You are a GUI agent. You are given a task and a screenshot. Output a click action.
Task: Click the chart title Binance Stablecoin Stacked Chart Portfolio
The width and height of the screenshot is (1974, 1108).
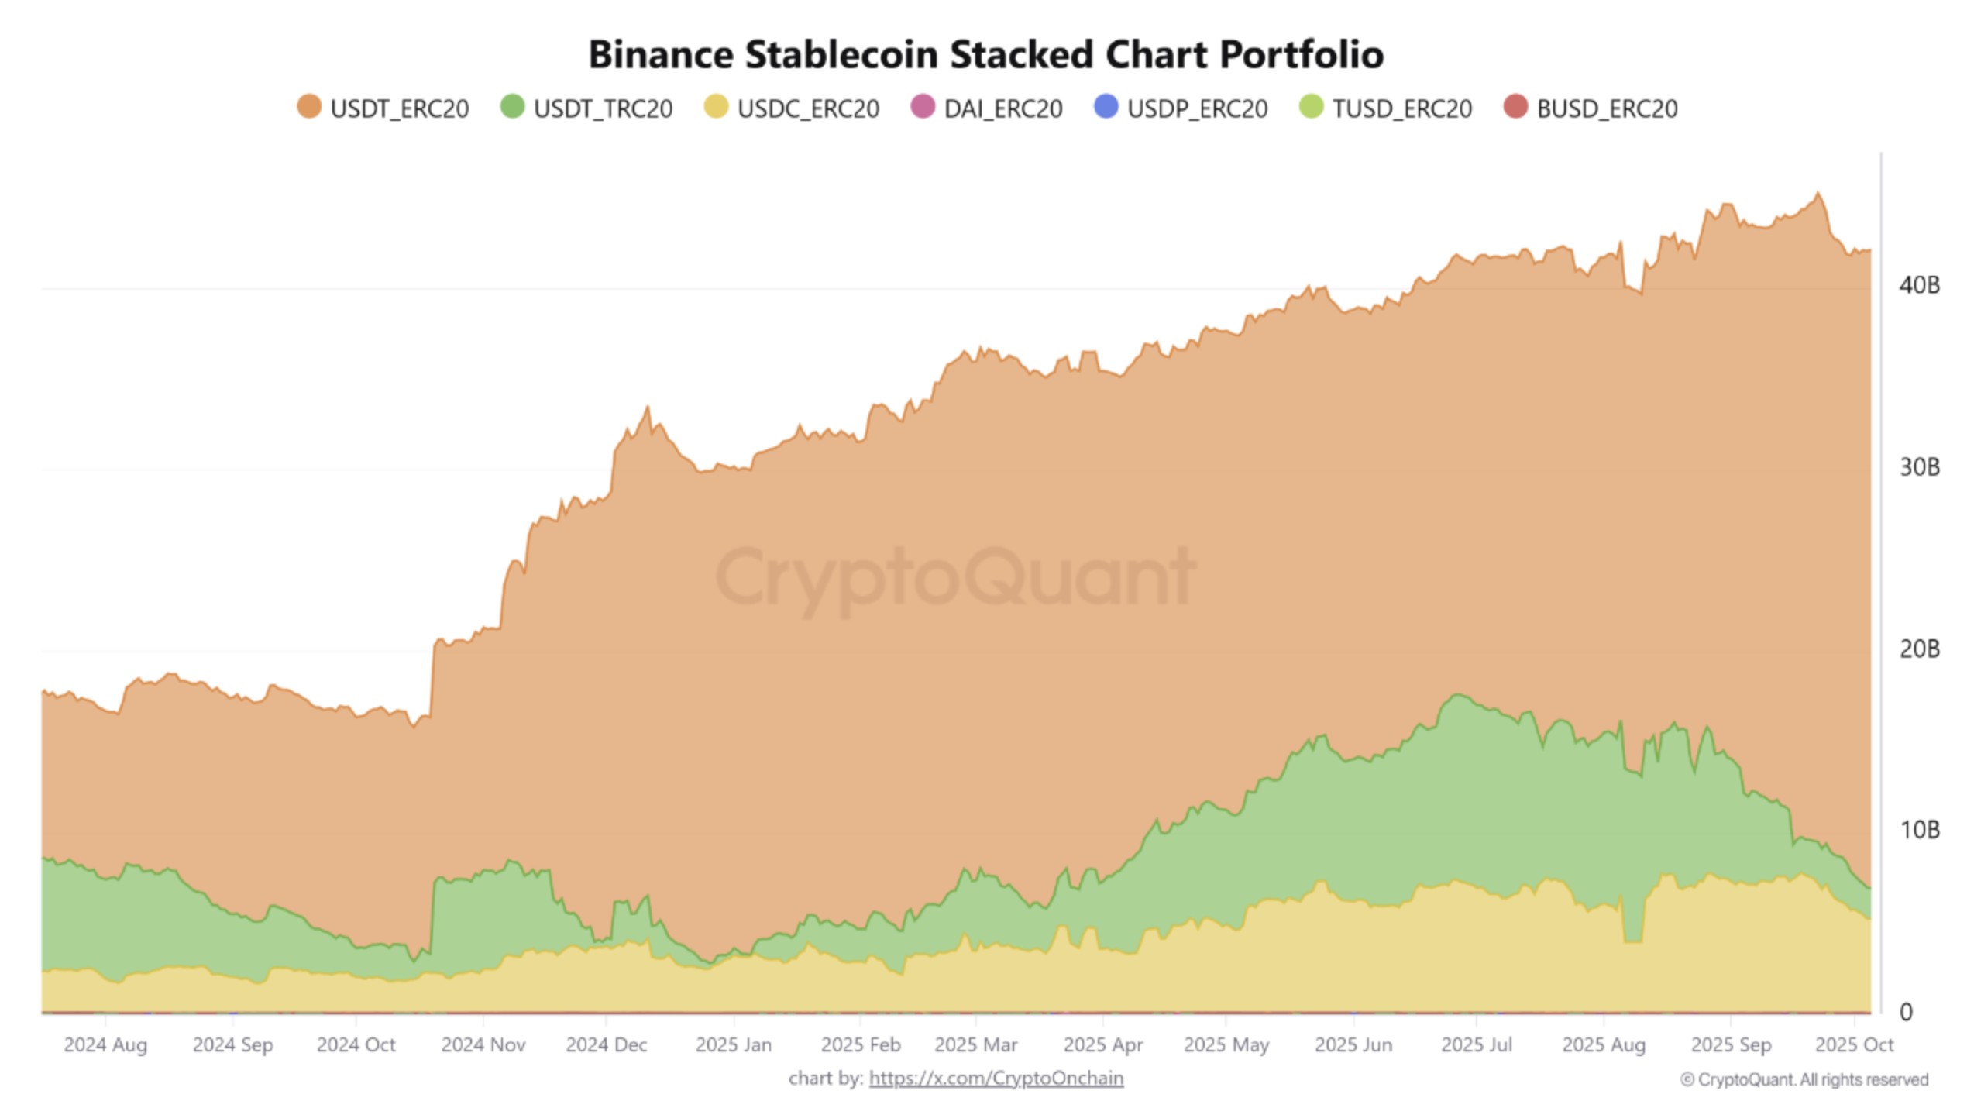[985, 55]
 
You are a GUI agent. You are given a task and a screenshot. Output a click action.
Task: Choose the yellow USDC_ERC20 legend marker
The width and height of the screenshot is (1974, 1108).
[716, 107]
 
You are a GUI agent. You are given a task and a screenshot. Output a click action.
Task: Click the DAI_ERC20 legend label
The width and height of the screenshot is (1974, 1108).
[1002, 108]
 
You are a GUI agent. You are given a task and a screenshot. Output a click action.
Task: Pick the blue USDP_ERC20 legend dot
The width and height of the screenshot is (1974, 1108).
[1106, 107]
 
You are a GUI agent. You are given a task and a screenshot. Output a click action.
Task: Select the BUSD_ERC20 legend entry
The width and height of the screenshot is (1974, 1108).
[1606, 108]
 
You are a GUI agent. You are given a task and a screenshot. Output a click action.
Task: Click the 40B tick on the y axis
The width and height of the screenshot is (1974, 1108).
[1919, 285]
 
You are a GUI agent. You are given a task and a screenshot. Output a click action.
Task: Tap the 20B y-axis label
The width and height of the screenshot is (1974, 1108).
[1919, 649]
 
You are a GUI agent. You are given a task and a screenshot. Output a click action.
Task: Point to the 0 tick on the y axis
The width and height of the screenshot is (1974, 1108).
[1907, 1012]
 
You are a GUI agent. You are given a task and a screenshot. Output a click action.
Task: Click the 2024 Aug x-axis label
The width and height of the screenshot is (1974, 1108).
[105, 1044]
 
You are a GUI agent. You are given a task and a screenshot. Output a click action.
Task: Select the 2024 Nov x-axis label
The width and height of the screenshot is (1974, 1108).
[483, 1044]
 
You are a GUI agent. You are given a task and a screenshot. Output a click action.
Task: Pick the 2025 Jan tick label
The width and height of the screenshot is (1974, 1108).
[733, 1044]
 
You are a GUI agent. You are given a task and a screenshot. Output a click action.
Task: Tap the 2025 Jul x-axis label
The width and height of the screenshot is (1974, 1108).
[1476, 1044]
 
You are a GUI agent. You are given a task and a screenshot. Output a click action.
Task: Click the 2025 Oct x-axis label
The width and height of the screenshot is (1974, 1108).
[1854, 1044]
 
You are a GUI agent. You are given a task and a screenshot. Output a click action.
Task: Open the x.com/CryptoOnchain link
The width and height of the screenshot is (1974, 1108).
[996, 1078]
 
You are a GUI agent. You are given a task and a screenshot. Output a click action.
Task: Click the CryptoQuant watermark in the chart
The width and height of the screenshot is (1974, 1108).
[955, 577]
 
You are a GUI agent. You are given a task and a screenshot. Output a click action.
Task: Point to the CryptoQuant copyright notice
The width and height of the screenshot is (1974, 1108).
[1804, 1079]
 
